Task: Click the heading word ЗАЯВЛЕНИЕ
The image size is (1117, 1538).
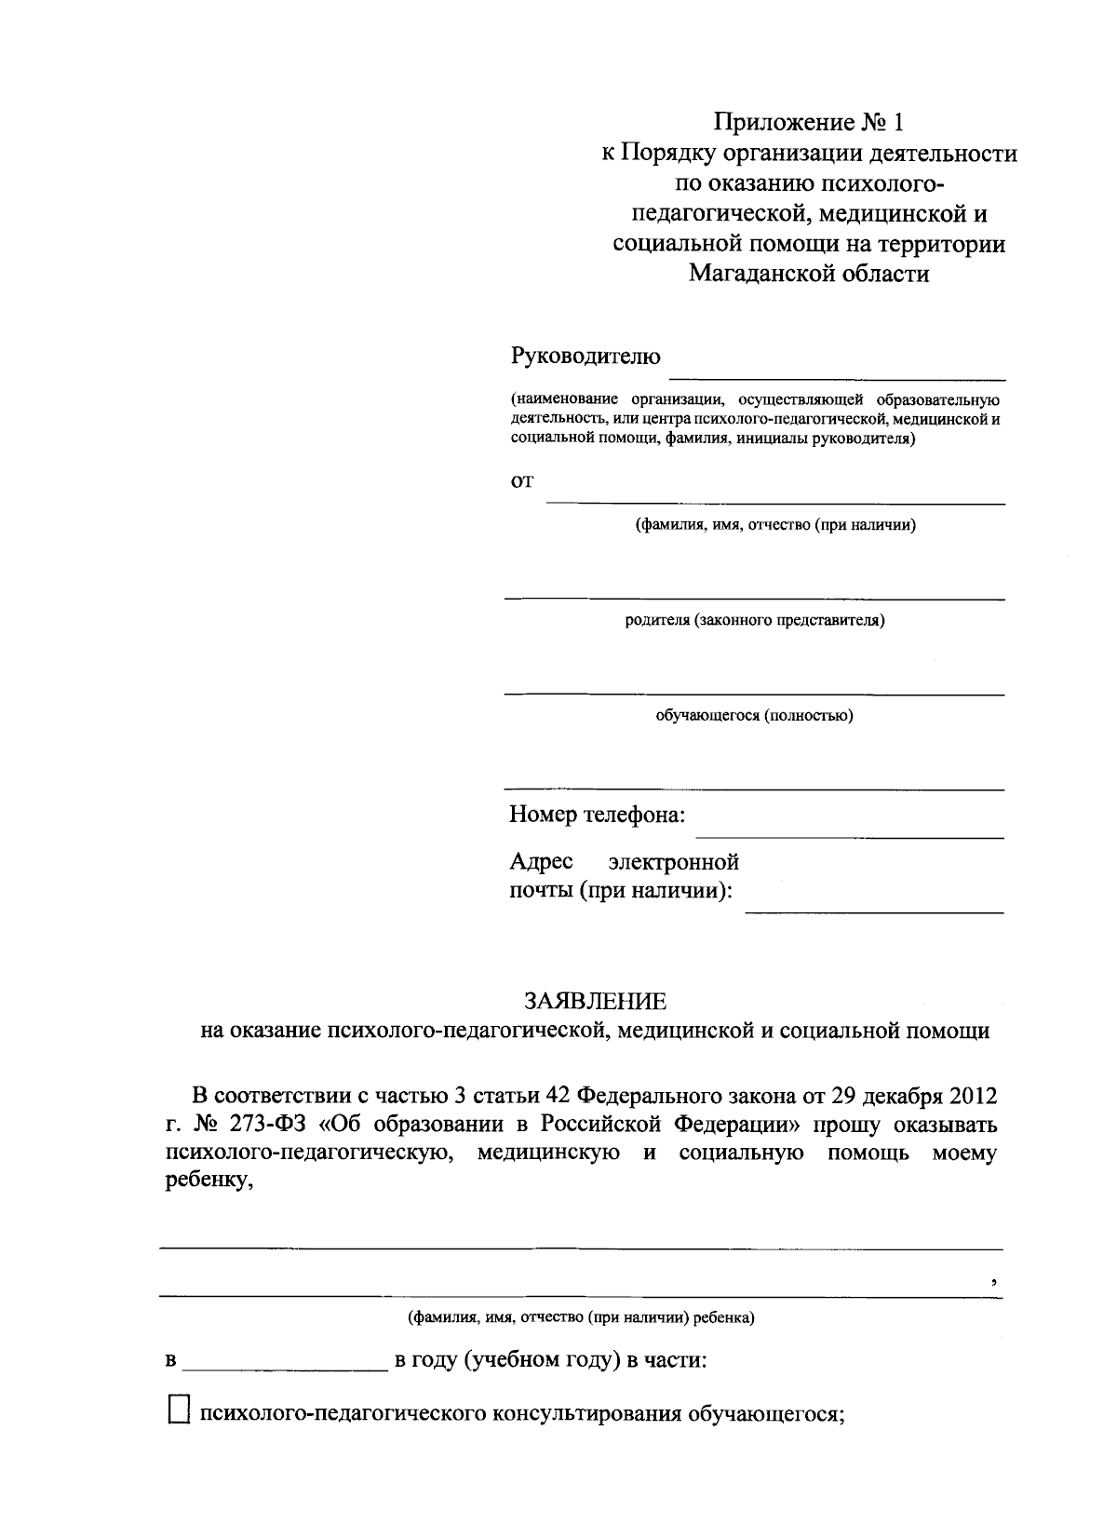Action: pos(596,1001)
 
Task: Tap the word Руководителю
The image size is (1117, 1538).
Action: pos(585,357)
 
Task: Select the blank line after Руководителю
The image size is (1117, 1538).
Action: pos(837,377)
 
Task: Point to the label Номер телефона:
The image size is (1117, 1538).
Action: pos(597,816)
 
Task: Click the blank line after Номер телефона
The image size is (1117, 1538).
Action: pos(850,836)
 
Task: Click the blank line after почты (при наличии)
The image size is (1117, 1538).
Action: pos(874,911)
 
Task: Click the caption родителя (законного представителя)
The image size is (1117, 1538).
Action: pos(754,620)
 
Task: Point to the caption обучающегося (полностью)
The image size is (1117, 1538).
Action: pos(754,715)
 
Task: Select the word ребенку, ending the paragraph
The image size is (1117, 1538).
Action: pos(209,1182)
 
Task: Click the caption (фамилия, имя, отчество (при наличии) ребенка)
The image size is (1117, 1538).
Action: pos(581,1318)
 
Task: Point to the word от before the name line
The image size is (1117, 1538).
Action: pos(522,482)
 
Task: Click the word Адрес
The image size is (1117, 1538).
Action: pos(541,861)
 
